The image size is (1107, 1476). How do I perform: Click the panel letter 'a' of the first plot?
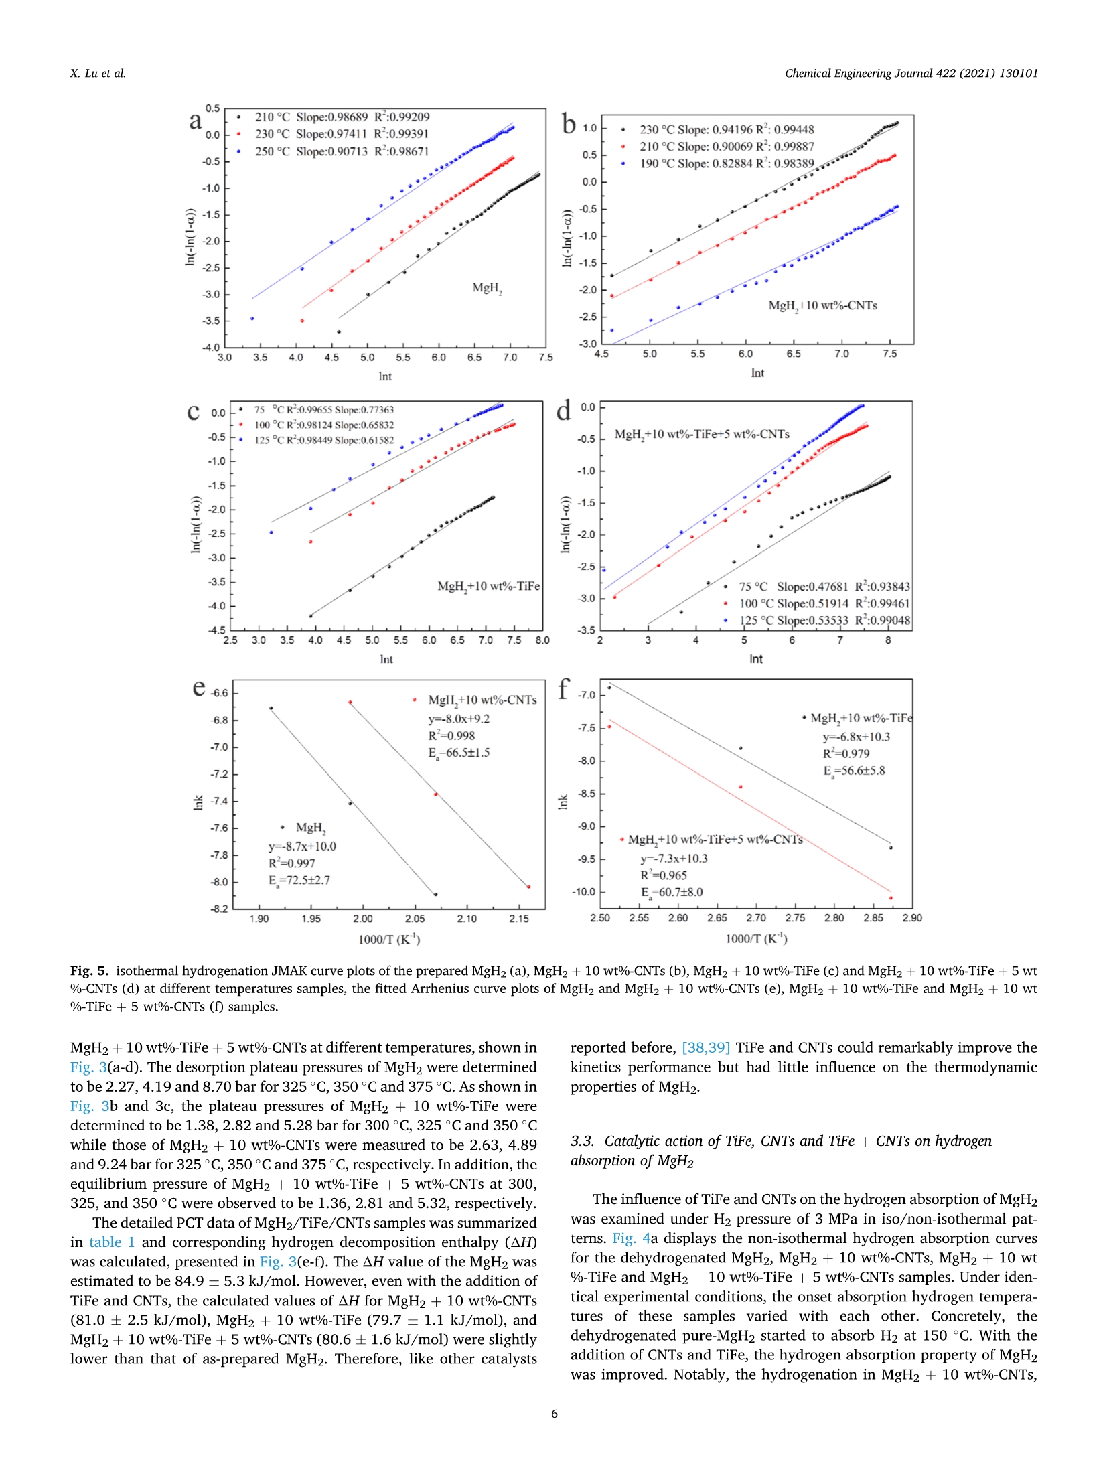[x=195, y=121]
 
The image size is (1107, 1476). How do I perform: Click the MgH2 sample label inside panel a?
[x=487, y=288]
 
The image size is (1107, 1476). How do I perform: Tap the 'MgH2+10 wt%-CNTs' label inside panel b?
[x=822, y=306]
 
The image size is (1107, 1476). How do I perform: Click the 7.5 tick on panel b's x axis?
[x=889, y=354]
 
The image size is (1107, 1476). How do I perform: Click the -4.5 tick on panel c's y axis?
[x=217, y=630]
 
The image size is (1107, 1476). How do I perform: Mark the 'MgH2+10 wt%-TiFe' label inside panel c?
[x=488, y=587]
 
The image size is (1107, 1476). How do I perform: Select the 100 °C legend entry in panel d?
[x=824, y=603]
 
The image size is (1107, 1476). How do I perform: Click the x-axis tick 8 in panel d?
[x=888, y=640]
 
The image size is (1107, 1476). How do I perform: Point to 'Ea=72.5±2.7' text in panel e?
[x=299, y=880]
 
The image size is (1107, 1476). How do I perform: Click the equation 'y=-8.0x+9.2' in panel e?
[x=459, y=719]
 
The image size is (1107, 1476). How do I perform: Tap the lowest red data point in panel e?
[x=529, y=887]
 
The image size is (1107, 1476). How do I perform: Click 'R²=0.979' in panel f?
[x=846, y=753]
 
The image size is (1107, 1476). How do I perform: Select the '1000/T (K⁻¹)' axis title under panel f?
[x=756, y=938]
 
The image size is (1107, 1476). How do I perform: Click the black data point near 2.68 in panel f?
[x=740, y=748]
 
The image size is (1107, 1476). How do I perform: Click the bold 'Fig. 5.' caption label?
[x=89, y=971]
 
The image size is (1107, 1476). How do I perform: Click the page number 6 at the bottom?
[x=554, y=1414]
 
